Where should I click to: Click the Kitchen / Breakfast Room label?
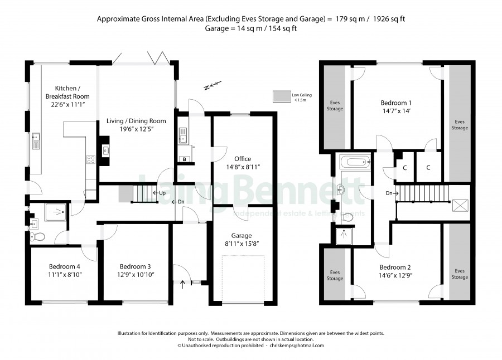[x=67, y=96]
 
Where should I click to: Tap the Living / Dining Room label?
[x=136, y=125]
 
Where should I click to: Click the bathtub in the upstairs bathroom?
[x=355, y=162]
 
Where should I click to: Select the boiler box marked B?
[x=185, y=159]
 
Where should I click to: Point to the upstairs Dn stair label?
[x=392, y=193]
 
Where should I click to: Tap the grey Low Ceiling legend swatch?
[x=282, y=96]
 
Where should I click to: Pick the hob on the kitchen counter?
[x=91, y=159]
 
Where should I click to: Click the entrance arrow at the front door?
[x=183, y=284]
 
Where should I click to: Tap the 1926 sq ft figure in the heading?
[x=389, y=19]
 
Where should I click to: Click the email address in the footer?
[x=297, y=346]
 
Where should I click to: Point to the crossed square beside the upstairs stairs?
[x=460, y=205]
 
